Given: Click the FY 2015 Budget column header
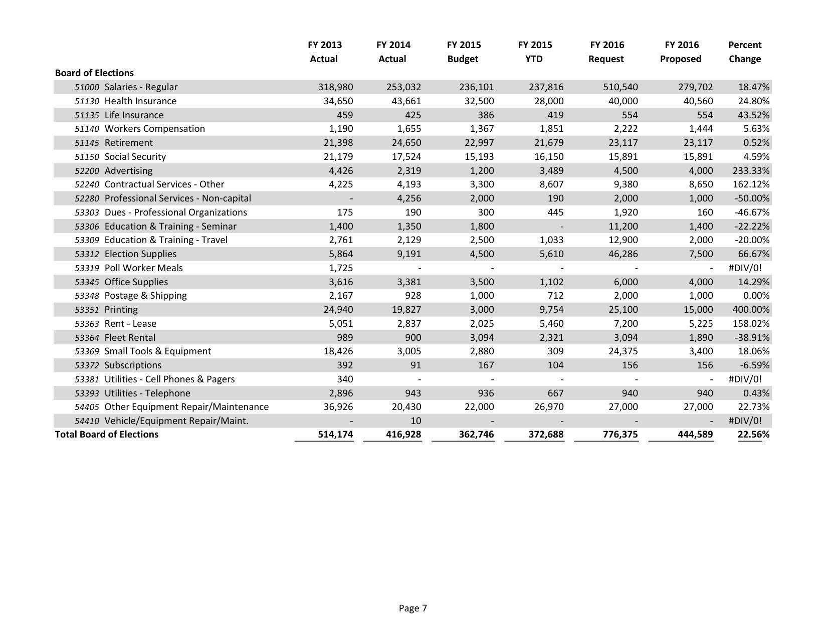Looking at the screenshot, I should pos(463,52).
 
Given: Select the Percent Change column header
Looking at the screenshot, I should pos(744,52).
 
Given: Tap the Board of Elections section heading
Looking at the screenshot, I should pos(94,73).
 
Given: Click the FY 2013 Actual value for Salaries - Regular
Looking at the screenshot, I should pos(335,87).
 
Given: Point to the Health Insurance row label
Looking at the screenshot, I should pos(140,101).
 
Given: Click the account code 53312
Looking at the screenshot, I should pos(87,254).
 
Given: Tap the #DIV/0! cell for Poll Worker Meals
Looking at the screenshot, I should pos(745,268).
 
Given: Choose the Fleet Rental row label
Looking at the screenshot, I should pos(130,338).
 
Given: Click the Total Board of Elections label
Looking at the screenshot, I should pos(107,435).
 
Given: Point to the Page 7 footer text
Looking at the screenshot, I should pos(413,608).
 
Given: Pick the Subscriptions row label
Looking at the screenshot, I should pos(133,365).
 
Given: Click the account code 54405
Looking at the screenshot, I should pos(87,407).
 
